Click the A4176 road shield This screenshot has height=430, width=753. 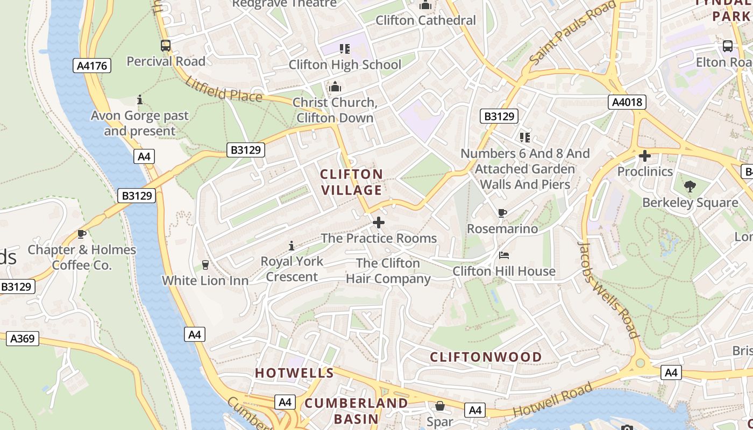pos(92,66)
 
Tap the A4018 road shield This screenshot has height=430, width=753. pos(628,102)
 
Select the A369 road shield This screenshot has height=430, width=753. pos(23,338)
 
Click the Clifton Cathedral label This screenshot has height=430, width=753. pos(425,20)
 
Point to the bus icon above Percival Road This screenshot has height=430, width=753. pos(166,46)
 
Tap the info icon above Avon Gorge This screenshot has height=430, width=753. pos(140,99)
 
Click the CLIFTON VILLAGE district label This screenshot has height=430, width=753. pos(351,182)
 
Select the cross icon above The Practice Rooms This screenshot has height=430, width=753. pos(379,222)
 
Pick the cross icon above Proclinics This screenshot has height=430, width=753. pos(644,156)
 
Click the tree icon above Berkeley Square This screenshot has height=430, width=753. pos(690,187)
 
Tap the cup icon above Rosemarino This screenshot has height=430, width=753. pos(502,213)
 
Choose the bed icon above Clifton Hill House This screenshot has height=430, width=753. pos(504,255)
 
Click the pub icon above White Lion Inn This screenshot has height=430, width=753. pos(205,264)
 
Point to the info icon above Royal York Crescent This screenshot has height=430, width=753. pos(292,246)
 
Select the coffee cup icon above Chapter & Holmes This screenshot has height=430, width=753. pos(82,234)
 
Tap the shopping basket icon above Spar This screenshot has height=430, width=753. pos(440,406)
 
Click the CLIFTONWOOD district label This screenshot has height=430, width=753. pos(486,357)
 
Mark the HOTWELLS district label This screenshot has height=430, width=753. pos(294,373)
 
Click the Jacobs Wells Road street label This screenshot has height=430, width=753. pos(608,289)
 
